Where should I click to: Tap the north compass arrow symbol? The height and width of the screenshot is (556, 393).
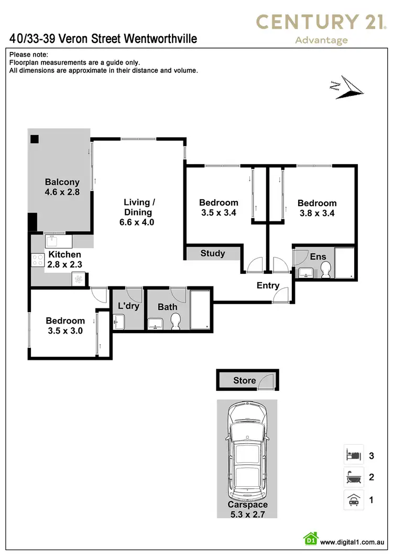[347, 87]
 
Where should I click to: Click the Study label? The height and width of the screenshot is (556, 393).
[213, 253]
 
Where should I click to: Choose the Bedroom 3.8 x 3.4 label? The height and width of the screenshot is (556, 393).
[316, 208]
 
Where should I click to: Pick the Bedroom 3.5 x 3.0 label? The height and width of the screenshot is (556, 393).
[65, 326]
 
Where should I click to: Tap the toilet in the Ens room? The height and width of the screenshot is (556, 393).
[325, 270]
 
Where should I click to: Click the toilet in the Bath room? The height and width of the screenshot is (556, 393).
[176, 321]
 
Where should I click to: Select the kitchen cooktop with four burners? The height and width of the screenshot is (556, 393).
[38, 260]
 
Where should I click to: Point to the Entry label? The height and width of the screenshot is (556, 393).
[268, 286]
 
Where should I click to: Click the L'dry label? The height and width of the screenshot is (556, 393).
[128, 306]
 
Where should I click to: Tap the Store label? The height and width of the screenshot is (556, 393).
[245, 381]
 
